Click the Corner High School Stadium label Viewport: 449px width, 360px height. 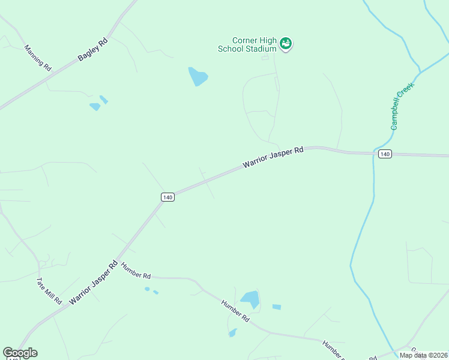(255, 44)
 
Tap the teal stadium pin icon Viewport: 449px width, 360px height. (286, 44)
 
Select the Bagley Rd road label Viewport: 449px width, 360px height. (92, 50)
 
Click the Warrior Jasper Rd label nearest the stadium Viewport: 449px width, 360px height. (273, 158)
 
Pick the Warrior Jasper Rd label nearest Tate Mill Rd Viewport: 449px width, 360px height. (92, 282)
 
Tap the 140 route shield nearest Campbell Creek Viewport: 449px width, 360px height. (385, 154)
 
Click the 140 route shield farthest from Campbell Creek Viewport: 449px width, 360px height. (167, 197)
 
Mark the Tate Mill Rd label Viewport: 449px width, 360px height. (49, 290)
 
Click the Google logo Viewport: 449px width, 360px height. (20, 353)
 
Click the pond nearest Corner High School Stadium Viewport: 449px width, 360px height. (197, 77)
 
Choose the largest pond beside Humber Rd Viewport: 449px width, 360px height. (250, 299)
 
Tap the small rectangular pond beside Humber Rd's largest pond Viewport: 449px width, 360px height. (276, 307)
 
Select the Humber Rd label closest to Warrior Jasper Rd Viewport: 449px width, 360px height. (136, 271)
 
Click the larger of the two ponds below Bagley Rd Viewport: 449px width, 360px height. (95, 107)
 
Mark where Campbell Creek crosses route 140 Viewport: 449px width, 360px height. (373, 153)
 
